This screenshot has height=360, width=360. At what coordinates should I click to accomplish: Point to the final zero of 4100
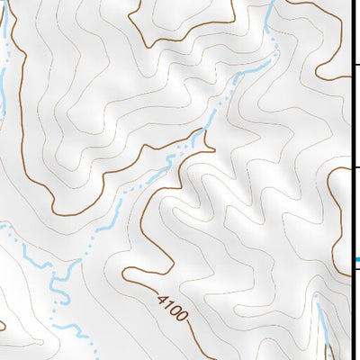click(x=183, y=317)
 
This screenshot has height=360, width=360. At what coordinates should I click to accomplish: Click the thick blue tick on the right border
click(x=356, y=260)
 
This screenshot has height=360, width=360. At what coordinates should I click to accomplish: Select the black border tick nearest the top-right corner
click(x=355, y=64)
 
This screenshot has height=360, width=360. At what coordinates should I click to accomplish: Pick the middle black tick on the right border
click(x=355, y=167)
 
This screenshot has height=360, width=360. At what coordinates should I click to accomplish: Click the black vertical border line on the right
click(x=351, y=180)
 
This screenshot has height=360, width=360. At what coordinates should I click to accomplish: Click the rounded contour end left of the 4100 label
click(x=125, y=274)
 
